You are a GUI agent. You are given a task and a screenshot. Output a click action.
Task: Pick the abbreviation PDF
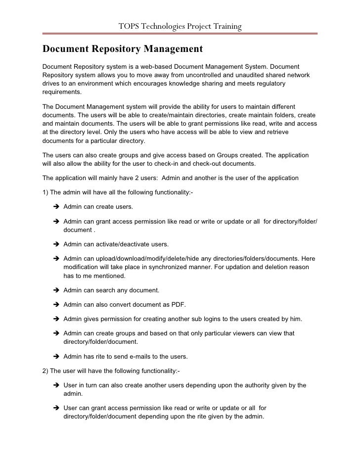click(x=178, y=304)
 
